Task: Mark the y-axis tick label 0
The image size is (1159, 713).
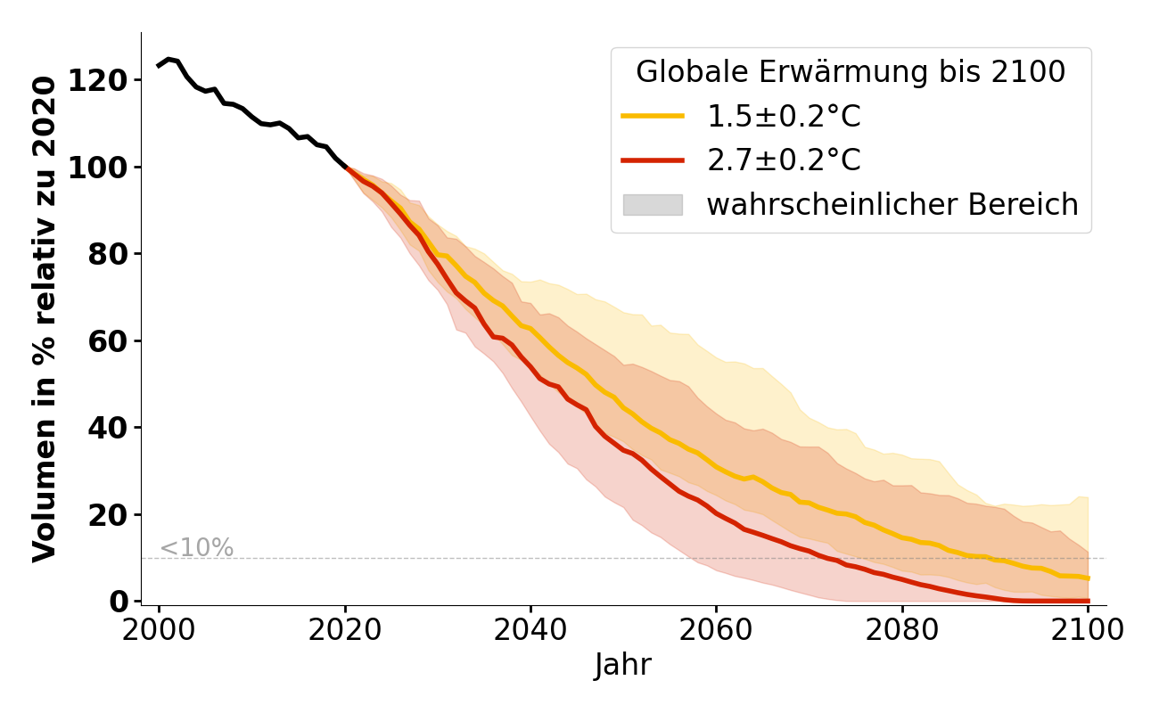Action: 119,602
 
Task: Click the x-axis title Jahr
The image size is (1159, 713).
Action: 623,666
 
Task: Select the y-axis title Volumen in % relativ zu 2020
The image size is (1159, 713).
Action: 45,318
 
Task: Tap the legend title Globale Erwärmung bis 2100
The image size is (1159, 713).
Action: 851,72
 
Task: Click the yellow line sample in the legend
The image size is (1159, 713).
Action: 653,116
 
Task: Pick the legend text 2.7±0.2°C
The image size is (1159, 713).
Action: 784,160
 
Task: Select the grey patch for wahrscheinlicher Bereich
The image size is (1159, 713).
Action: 653,205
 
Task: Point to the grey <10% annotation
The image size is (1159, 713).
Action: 196,548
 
